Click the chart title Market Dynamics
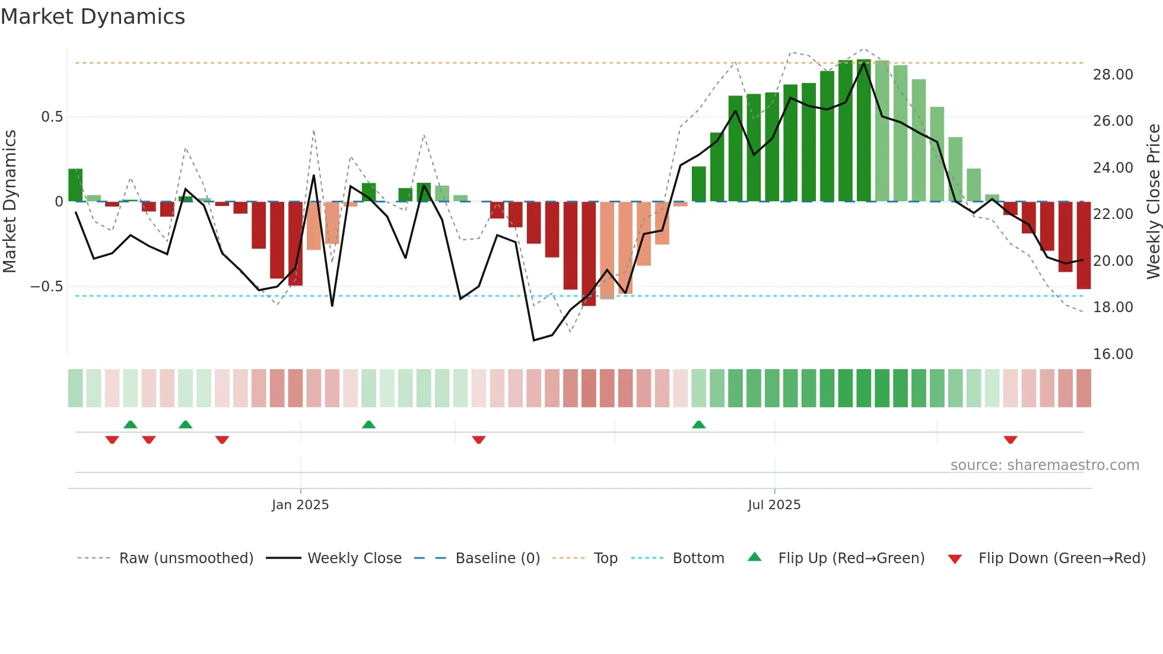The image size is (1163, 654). [93, 17]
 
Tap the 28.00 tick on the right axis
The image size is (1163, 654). [1113, 75]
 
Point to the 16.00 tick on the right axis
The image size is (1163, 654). [1113, 354]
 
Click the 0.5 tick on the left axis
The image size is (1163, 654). [52, 117]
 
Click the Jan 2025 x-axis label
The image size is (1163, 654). [300, 505]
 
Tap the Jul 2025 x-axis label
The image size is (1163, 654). [774, 505]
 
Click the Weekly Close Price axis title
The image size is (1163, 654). [1153, 202]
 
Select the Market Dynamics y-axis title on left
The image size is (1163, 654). [9, 202]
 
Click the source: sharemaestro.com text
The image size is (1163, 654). [1044, 465]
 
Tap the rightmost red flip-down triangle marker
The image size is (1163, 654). [1011, 440]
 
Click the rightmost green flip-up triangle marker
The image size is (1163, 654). [698, 424]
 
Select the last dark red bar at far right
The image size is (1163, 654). [1083, 245]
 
